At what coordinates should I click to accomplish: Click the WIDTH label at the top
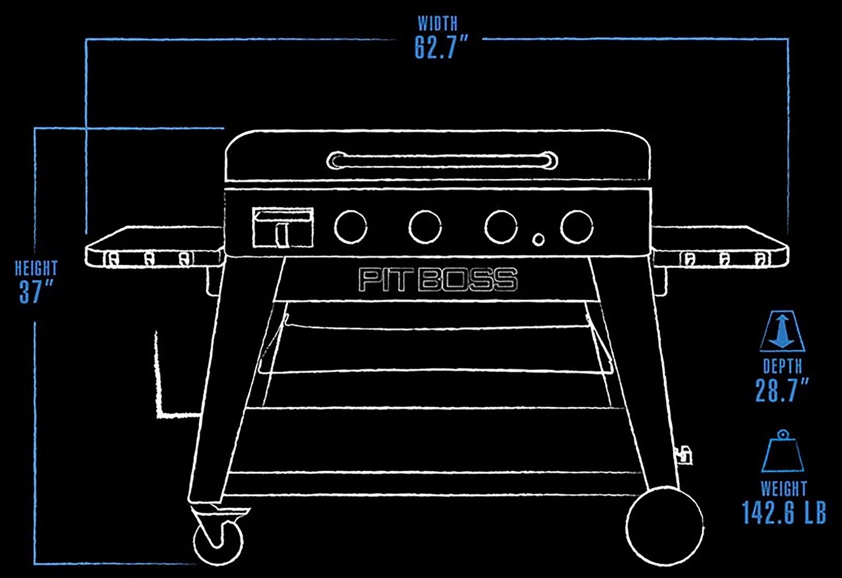click(437, 24)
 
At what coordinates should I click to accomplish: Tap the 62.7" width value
click(441, 47)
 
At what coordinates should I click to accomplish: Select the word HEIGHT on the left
click(36, 268)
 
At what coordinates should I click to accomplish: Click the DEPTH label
click(783, 367)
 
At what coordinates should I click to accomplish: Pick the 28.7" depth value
click(781, 391)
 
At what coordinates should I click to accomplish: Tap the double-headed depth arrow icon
click(782, 331)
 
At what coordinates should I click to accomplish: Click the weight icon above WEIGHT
click(783, 452)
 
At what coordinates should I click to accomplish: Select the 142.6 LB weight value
click(783, 512)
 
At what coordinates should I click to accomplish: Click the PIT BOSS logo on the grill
click(438, 279)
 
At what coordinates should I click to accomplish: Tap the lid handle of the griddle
click(442, 161)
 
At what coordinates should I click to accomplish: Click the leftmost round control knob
click(350, 227)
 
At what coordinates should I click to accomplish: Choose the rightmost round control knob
click(577, 227)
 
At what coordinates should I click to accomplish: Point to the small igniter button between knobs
click(538, 239)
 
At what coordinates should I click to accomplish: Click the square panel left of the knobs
click(283, 227)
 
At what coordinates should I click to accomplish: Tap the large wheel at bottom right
click(664, 527)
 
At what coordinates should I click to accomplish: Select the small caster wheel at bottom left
click(218, 542)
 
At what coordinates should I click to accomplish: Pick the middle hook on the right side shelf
click(725, 259)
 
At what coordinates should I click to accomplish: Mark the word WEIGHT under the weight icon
click(783, 489)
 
